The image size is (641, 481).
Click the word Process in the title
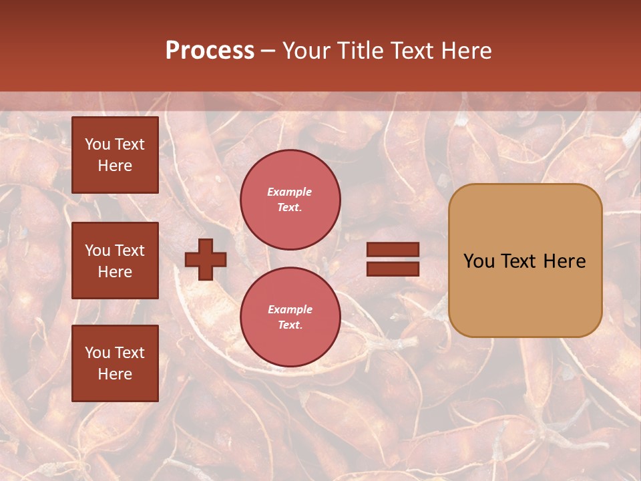tap(210, 50)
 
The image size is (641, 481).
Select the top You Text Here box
tap(115, 155)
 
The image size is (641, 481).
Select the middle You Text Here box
tap(115, 261)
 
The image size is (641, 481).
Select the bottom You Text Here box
tap(115, 363)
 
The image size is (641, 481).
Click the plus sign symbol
tap(206, 260)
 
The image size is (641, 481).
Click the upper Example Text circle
tap(290, 200)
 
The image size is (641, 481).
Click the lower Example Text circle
tap(290, 317)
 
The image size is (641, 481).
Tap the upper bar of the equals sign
tap(393, 250)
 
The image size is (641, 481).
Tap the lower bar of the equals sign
tap(393, 269)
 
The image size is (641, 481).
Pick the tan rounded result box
tap(525, 294)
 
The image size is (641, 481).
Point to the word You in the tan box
tap(479, 261)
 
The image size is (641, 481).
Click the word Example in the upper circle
tap(290, 192)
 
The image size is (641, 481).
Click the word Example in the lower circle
tap(290, 309)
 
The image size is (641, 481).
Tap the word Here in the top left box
tap(115, 166)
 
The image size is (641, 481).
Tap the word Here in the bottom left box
tap(115, 374)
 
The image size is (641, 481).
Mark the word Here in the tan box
tap(564, 261)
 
